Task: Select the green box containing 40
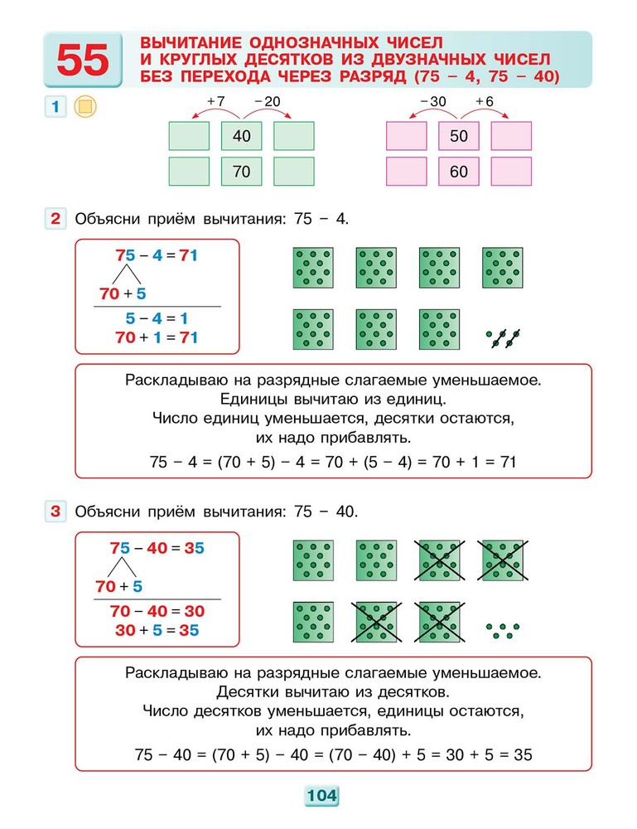click(242, 136)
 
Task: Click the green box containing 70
click(242, 172)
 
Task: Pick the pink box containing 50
click(459, 136)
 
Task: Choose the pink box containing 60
click(459, 172)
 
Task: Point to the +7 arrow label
click(216, 101)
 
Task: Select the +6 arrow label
click(485, 101)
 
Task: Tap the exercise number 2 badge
click(55, 219)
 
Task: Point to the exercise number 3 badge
click(55, 511)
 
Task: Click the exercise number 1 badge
click(55, 107)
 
